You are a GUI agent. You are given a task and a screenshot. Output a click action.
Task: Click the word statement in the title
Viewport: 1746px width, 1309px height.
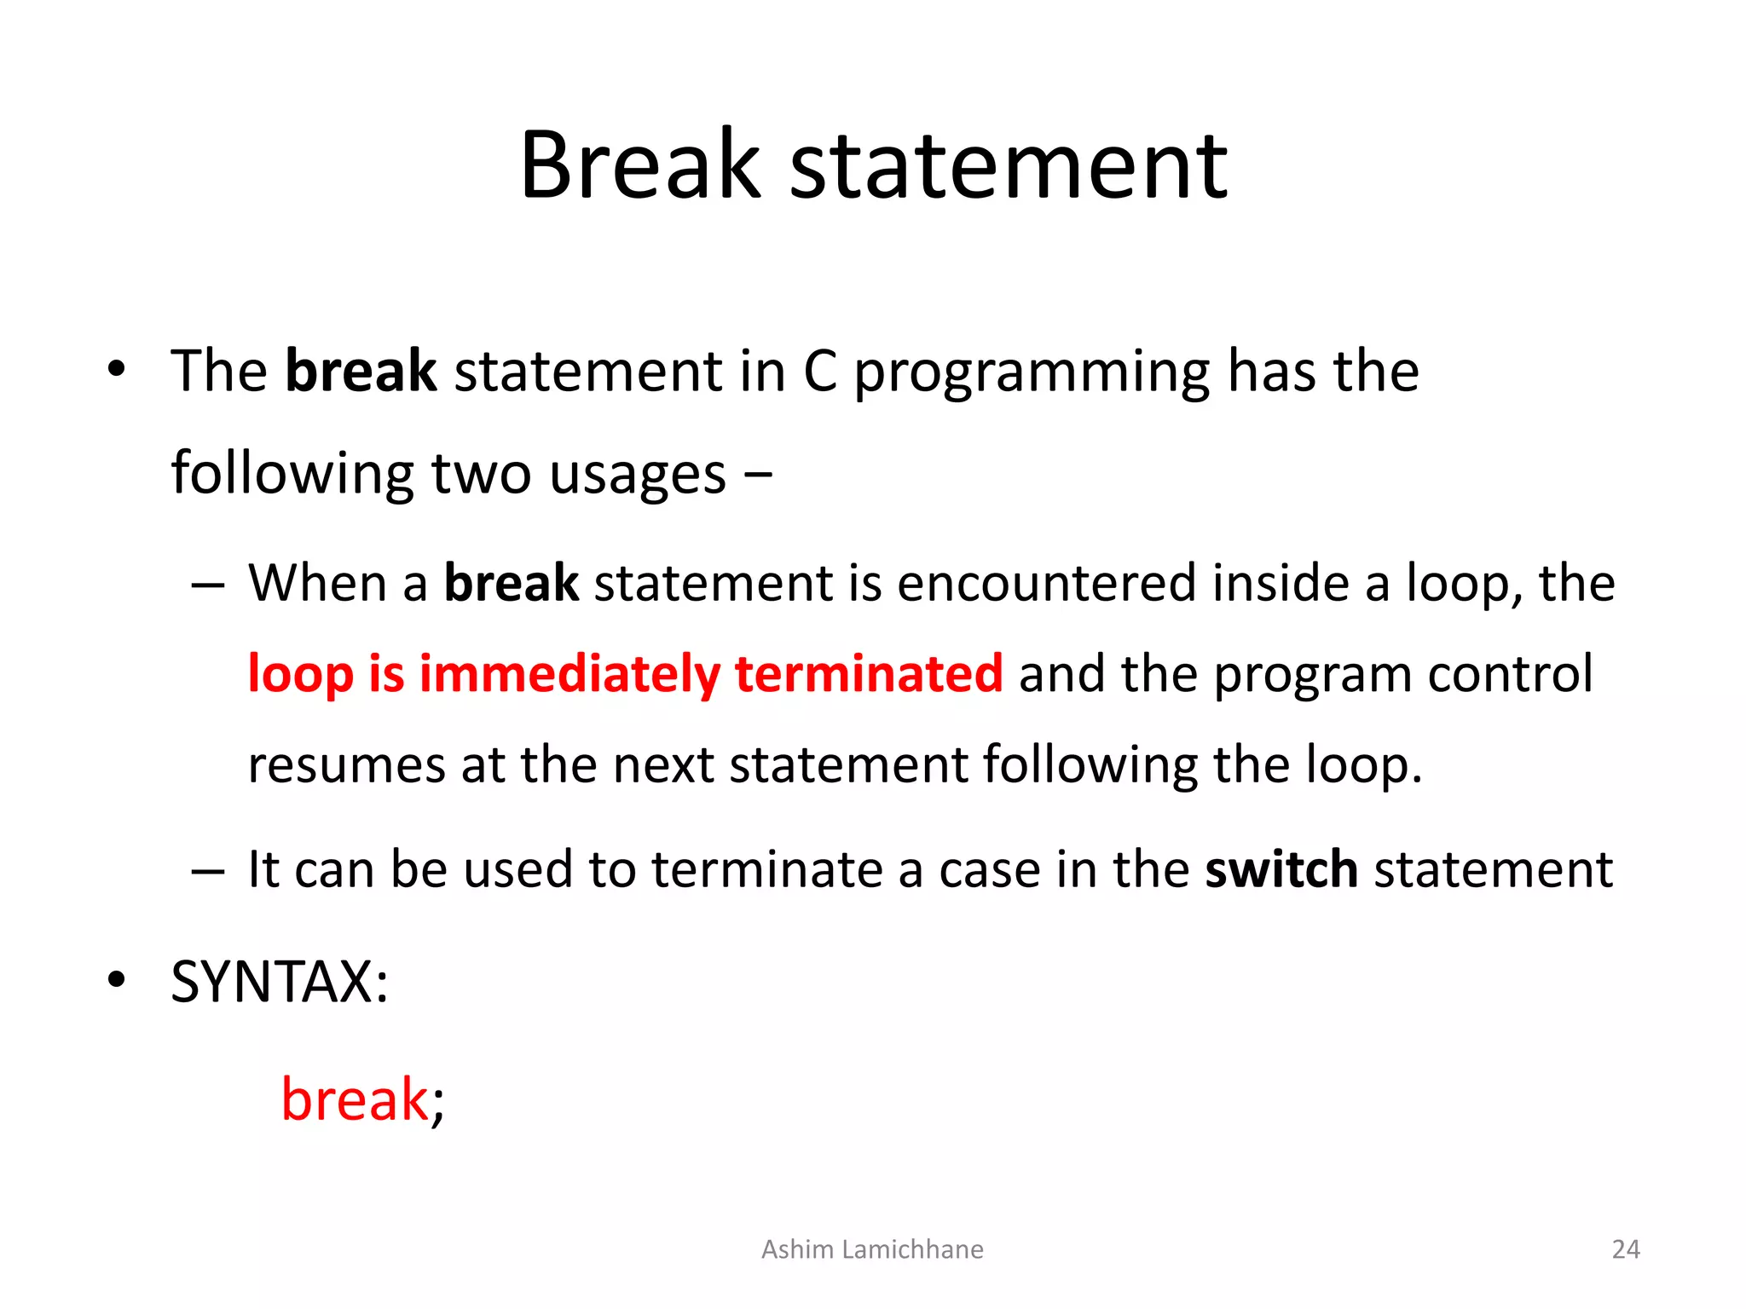1009,166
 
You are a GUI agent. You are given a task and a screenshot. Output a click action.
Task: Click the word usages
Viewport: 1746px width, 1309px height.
638,476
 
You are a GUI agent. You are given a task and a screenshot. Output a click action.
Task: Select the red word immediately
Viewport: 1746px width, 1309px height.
569,674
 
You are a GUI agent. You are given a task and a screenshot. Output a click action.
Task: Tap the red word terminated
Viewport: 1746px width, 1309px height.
869,674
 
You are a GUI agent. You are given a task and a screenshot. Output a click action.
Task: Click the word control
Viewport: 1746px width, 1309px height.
1510,674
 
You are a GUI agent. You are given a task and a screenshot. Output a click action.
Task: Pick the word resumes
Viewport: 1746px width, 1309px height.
346,765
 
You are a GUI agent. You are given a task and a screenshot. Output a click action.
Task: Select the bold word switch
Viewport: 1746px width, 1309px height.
1281,870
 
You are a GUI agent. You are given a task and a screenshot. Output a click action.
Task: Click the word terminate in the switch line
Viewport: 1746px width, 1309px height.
767,870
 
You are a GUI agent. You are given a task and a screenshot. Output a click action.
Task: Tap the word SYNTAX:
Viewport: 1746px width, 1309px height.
280,983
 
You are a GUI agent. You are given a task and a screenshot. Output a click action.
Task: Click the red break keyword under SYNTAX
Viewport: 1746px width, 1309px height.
354,1099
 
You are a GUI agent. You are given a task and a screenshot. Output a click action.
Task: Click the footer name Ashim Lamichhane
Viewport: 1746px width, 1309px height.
872,1249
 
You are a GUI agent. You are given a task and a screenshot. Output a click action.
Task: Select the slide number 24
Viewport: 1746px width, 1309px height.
1626,1249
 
